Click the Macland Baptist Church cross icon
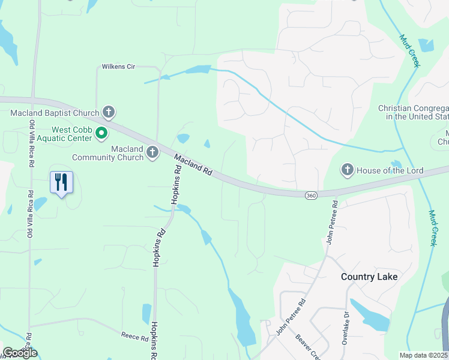(109, 112)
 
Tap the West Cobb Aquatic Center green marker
(102, 133)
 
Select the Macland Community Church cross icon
(152, 153)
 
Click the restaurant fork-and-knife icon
(61, 182)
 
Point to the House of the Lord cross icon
(347, 170)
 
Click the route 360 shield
(310, 196)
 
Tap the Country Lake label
(369, 277)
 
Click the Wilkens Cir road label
(118, 67)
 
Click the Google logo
(20, 353)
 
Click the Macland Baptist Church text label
(55, 112)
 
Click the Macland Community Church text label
(108, 153)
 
